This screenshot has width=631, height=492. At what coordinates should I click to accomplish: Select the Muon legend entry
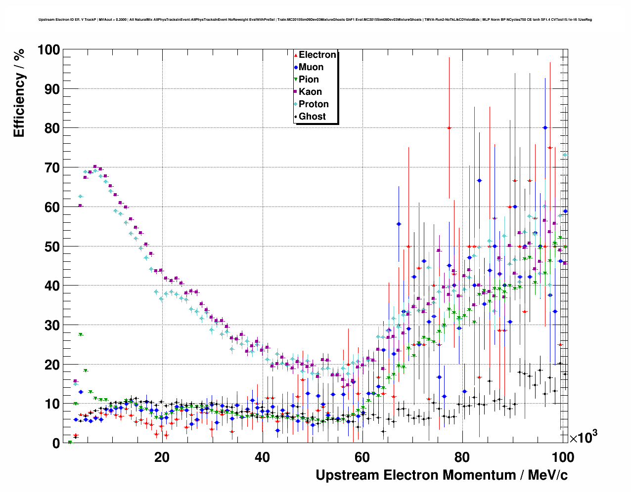(x=311, y=67)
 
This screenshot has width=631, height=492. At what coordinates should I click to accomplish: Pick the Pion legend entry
(x=309, y=80)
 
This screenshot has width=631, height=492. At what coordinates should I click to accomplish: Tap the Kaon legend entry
(x=310, y=92)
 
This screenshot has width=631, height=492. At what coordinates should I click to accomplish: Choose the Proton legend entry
(x=314, y=104)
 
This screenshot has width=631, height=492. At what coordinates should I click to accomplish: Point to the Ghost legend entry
(x=312, y=117)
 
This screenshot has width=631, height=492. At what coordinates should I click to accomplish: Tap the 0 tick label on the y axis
(x=55, y=444)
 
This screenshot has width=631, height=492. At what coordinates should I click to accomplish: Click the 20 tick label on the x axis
(x=162, y=457)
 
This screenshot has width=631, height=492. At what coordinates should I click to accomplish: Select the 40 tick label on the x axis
(x=262, y=457)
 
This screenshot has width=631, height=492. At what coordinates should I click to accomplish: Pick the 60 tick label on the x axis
(x=362, y=457)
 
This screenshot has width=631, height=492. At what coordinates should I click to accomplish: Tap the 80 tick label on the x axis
(x=462, y=457)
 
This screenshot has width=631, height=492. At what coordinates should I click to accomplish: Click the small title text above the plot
(x=315, y=20)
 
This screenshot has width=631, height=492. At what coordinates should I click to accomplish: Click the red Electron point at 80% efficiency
(x=449, y=128)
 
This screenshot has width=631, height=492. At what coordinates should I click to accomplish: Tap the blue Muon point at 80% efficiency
(x=545, y=127)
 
